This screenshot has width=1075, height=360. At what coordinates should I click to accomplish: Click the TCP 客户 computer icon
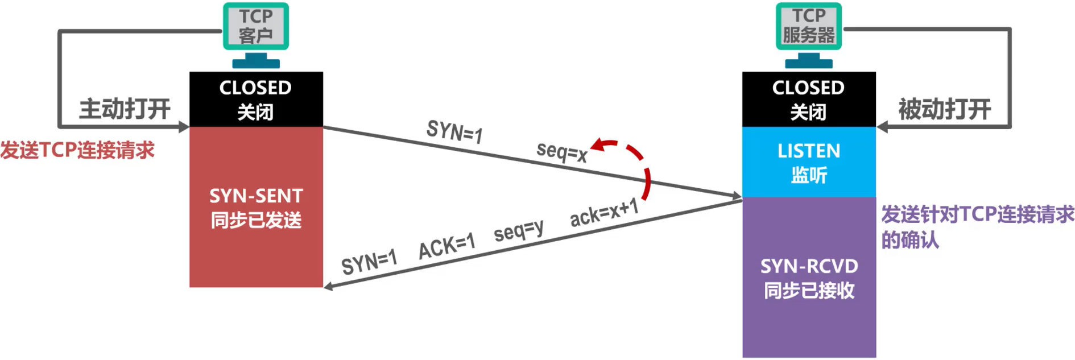(x=256, y=34)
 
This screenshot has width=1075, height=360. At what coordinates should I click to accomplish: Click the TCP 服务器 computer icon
(x=808, y=34)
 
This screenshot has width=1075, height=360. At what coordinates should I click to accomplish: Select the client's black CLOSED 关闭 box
(x=256, y=99)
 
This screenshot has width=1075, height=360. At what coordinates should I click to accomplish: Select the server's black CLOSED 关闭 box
(x=808, y=99)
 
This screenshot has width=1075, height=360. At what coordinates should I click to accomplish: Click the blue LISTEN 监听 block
(x=808, y=162)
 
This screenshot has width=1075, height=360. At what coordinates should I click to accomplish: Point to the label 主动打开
(x=125, y=109)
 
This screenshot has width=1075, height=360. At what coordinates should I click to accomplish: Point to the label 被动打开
(x=944, y=109)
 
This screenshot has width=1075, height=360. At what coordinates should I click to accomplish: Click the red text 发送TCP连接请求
(x=77, y=150)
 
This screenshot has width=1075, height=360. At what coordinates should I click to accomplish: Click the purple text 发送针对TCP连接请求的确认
(x=977, y=227)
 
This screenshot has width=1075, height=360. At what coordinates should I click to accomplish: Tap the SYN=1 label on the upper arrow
(x=454, y=131)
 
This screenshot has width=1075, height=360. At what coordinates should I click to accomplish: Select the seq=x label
(x=561, y=152)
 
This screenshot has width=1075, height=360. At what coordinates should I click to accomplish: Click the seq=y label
(x=518, y=230)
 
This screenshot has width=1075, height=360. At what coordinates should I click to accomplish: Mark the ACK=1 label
(x=446, y=247)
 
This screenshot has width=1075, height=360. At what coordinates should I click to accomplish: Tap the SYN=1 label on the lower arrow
(x=369, y=263)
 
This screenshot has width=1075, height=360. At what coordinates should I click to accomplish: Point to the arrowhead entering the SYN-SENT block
(x=329, y=286)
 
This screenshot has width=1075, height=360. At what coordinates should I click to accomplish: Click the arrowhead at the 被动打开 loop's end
(x=882, y=127)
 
